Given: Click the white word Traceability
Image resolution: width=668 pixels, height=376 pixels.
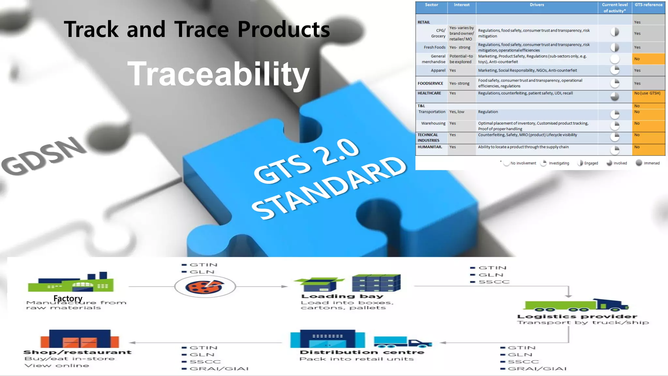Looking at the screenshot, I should click(218, 74).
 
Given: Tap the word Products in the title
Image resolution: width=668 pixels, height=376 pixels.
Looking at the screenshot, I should click(283, 29).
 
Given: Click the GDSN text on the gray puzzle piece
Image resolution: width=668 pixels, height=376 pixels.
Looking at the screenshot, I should click(44, 155).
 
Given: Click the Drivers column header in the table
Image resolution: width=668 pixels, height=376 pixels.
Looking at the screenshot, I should click(537, 5).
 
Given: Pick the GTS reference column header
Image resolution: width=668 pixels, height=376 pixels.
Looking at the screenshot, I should click(648, 5).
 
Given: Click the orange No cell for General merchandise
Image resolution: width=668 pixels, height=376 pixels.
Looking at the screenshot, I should click(648, 59).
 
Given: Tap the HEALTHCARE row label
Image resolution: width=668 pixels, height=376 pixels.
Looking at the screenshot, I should click(429, 93).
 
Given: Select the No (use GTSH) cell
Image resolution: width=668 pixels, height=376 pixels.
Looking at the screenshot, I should click(647, 93).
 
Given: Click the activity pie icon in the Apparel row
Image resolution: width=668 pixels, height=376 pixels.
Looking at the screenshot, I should click(615, 70).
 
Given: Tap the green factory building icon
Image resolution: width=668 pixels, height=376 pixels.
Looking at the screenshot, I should click(71, 283).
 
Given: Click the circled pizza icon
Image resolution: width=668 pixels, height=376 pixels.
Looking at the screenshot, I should click(205, 287).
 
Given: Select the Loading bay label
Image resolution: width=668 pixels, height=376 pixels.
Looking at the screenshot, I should click(342, 296).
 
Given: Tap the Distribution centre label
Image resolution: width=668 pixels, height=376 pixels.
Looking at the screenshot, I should click(362, 352).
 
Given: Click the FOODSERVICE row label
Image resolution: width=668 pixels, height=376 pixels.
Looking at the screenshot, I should click(430, 84).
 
